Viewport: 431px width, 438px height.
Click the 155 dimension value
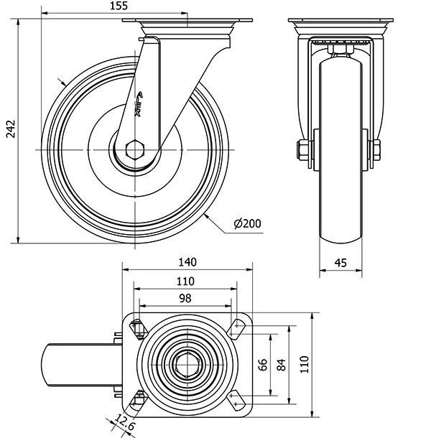119,6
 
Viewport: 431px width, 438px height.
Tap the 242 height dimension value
11,129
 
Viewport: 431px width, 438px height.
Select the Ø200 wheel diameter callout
248,223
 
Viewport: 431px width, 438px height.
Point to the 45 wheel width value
340,263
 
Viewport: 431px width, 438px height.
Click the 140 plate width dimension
187,262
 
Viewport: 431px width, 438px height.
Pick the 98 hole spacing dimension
185,298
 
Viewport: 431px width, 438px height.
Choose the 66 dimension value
263,365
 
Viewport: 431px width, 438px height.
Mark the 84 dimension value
282,365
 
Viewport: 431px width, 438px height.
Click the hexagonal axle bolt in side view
135,150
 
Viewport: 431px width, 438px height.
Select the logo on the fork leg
139,104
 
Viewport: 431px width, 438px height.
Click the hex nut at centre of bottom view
187,365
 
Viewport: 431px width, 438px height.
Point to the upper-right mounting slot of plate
236,328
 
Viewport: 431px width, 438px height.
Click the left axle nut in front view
302,150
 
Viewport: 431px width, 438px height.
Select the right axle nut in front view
376,150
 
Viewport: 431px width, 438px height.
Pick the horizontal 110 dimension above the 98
185,281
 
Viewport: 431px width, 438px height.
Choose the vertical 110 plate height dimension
305,364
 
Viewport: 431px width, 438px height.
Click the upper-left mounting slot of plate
139,329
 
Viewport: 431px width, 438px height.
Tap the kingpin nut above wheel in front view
340,50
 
